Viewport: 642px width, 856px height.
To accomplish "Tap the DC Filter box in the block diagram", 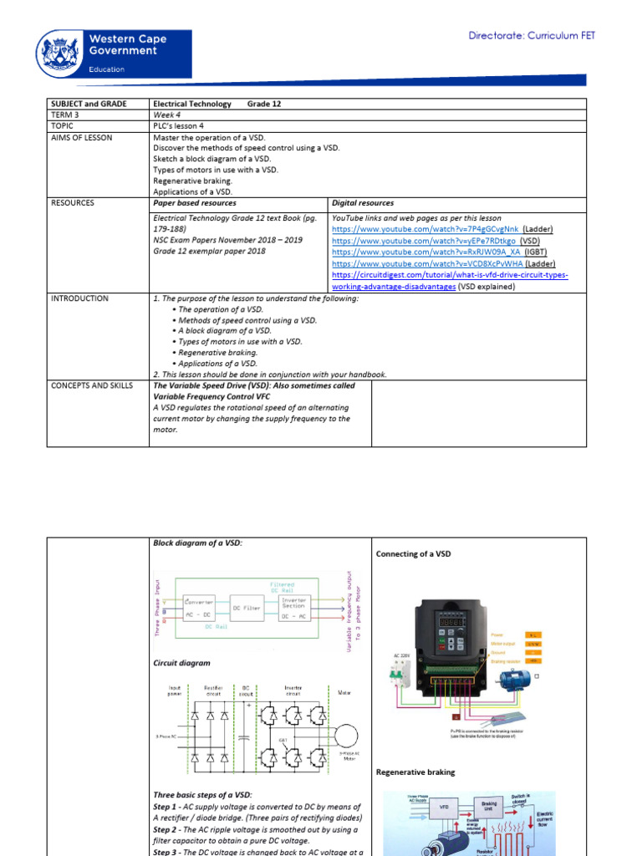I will [247, 608].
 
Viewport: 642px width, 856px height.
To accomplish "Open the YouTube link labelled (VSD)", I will [425, 240].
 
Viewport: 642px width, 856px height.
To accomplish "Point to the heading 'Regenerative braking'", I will [415, 772].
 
